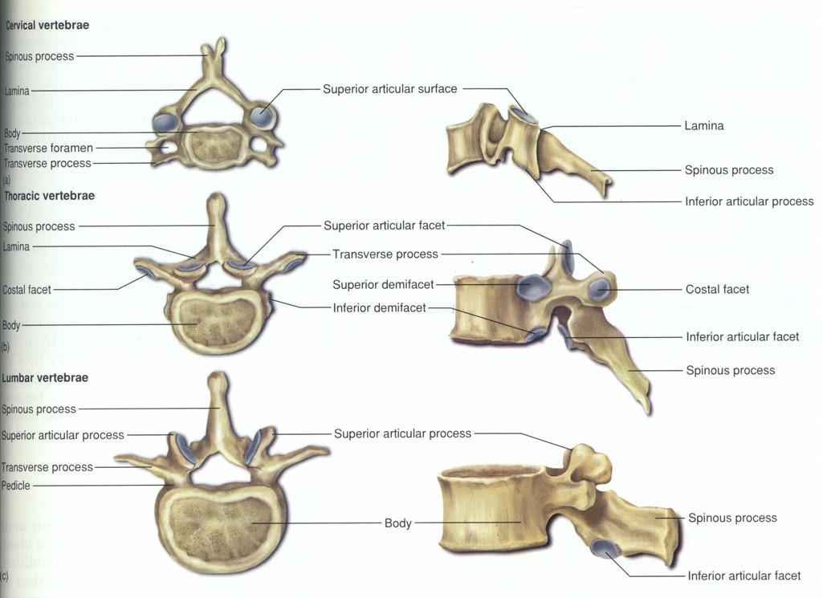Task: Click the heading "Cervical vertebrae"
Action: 47,26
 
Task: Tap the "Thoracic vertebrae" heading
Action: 50,196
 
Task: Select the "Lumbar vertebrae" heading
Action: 46,377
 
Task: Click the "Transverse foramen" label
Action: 49,148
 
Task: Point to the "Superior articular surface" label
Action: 389,89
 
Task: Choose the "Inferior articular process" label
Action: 749,201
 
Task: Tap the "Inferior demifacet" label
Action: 379,308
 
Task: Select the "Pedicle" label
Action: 16,486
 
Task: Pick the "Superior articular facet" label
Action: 384,226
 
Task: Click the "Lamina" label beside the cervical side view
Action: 703,126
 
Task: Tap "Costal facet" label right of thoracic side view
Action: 717,289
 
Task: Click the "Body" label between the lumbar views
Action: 397,523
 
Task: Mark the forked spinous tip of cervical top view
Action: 213,48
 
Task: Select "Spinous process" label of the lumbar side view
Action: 731,519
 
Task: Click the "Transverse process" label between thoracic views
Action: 385,254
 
